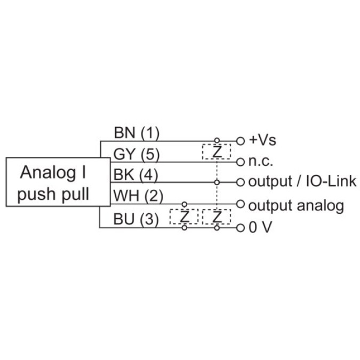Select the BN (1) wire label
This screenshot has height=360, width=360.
pos(137,132)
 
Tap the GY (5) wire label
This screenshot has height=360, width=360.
pos(137,154)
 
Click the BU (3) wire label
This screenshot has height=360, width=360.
pos(137,219)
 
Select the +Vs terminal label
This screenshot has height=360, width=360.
pos(263,141)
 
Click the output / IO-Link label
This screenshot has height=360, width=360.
pos(302,182)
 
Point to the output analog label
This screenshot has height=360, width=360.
pos(296,205)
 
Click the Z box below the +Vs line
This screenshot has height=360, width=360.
pos(217,151)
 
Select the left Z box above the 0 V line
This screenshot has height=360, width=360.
pos(184,217)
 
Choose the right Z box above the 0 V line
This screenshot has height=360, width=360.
pos(217,217)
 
